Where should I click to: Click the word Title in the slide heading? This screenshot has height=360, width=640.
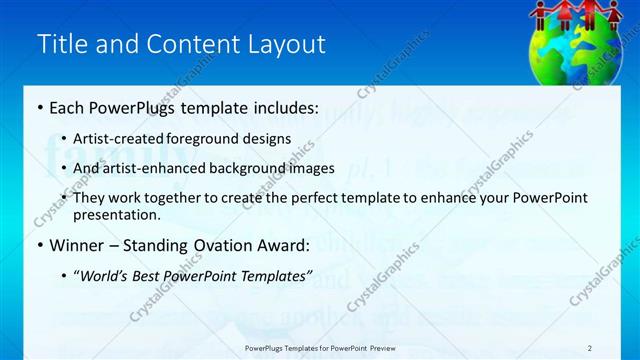click(x=59, y=44)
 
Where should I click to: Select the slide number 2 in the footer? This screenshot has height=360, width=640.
click(x=589, y=348)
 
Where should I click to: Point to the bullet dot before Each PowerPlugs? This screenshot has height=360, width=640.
click(x=39, y=107)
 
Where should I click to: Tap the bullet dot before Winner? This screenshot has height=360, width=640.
click(x=39, y=245)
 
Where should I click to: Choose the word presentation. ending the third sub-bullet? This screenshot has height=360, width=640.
click(x=116, y=215)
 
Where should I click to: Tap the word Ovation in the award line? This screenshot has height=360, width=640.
click(x=215, y=245)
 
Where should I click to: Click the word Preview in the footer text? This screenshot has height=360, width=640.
click(x=385, y=348)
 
